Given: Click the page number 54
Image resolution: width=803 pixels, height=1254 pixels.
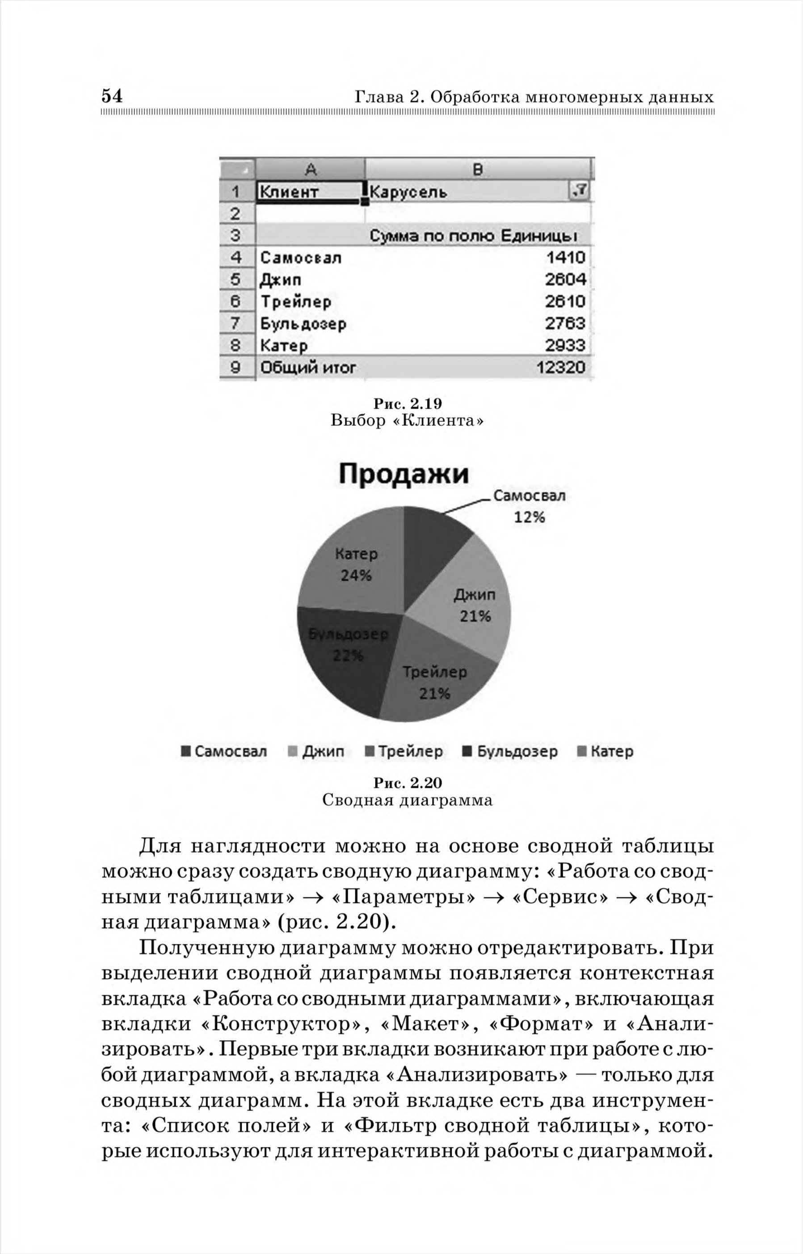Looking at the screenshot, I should [112, 96].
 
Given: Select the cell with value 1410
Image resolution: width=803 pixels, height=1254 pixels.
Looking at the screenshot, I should [565, 257].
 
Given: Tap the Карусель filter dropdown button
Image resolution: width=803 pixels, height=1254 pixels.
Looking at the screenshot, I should [579, 191].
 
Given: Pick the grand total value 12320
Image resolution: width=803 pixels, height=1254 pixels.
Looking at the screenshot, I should [560, 367].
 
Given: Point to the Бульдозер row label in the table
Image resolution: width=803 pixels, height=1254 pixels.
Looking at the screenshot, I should [303, 323].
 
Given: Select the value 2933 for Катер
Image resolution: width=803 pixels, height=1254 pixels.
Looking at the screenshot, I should [565, 345].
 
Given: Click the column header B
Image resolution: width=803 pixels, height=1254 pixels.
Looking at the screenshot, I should [478, 169].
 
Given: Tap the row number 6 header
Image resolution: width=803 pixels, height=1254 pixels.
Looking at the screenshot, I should [235, 301].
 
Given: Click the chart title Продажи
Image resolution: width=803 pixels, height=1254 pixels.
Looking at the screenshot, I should [404, 474].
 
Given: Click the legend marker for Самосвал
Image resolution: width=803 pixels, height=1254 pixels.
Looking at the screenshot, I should [185, 751].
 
